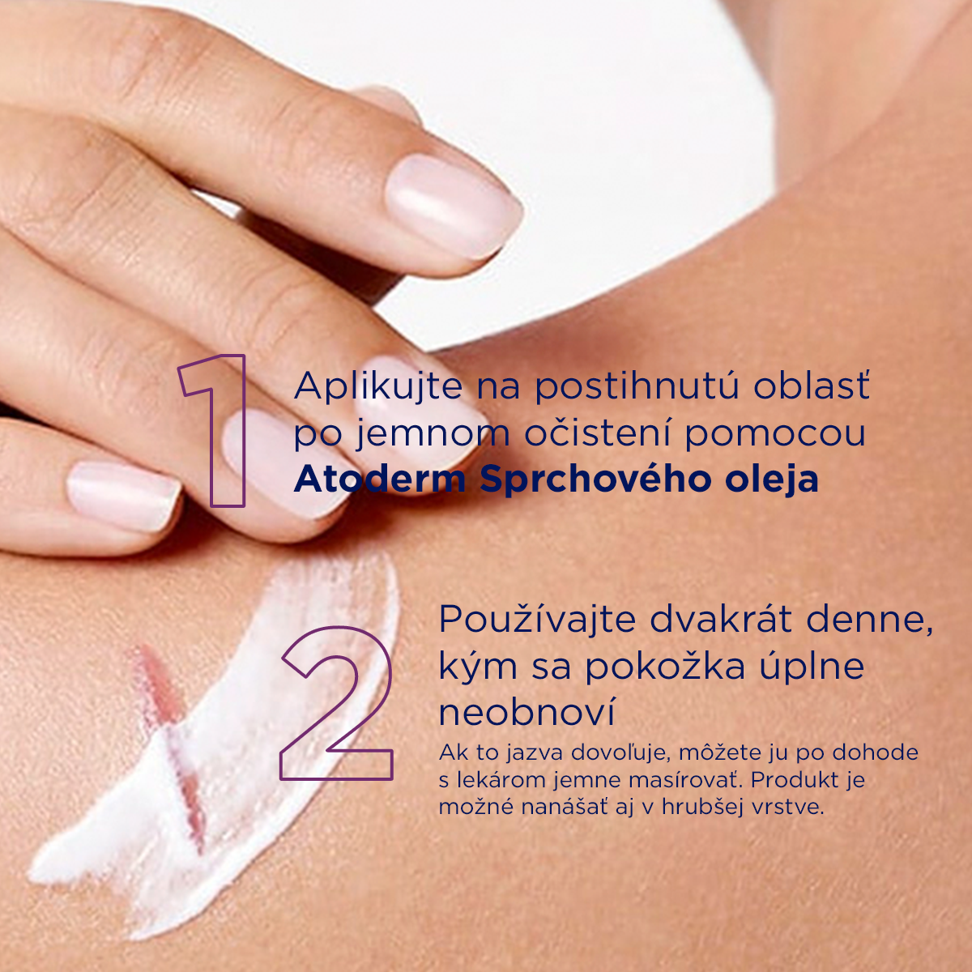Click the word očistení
point(598,434)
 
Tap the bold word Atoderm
point(381,480)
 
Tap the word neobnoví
point(527,712)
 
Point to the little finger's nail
point(124,496)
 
